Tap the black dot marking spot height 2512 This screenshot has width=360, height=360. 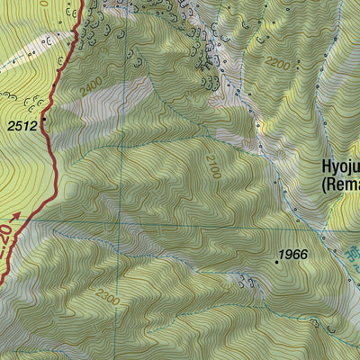click(43, 117)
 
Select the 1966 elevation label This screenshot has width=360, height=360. click(292, 255)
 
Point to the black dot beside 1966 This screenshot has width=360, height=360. click(276, 261)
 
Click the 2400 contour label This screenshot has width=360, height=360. click(91, 86)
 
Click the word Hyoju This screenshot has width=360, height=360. click(341, 166)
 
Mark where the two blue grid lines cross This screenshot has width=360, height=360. click(125, 221)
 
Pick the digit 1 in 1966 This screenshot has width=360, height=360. click(281, 255)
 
